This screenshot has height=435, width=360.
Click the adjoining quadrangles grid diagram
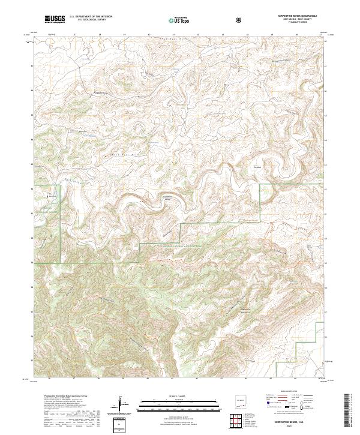tap(239, 420)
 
